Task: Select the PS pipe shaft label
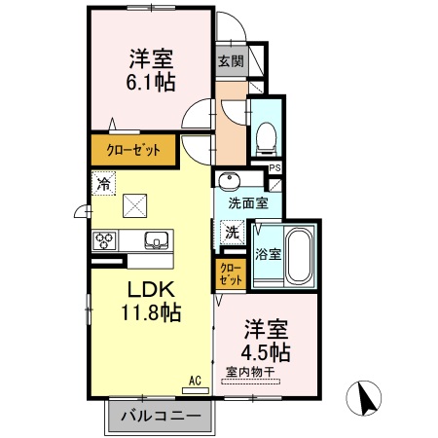pyautogui.click(x=274, y=168)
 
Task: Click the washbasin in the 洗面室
pyautogui.click(x=230, y=181)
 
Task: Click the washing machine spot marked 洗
pyautogui.click(x=232, y=232)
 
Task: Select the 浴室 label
pyautogui.click(x=267, y=253)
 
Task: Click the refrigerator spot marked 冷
pyautogui.click(x=102, y=182)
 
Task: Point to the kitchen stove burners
pyautogui.click(x=105, y=239)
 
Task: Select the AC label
pyautogui.click(x=194, y=380)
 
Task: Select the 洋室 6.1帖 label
pyautogui.click(x=151, y=70)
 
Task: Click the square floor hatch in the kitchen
pyautogui.click(x=134, y=205)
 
